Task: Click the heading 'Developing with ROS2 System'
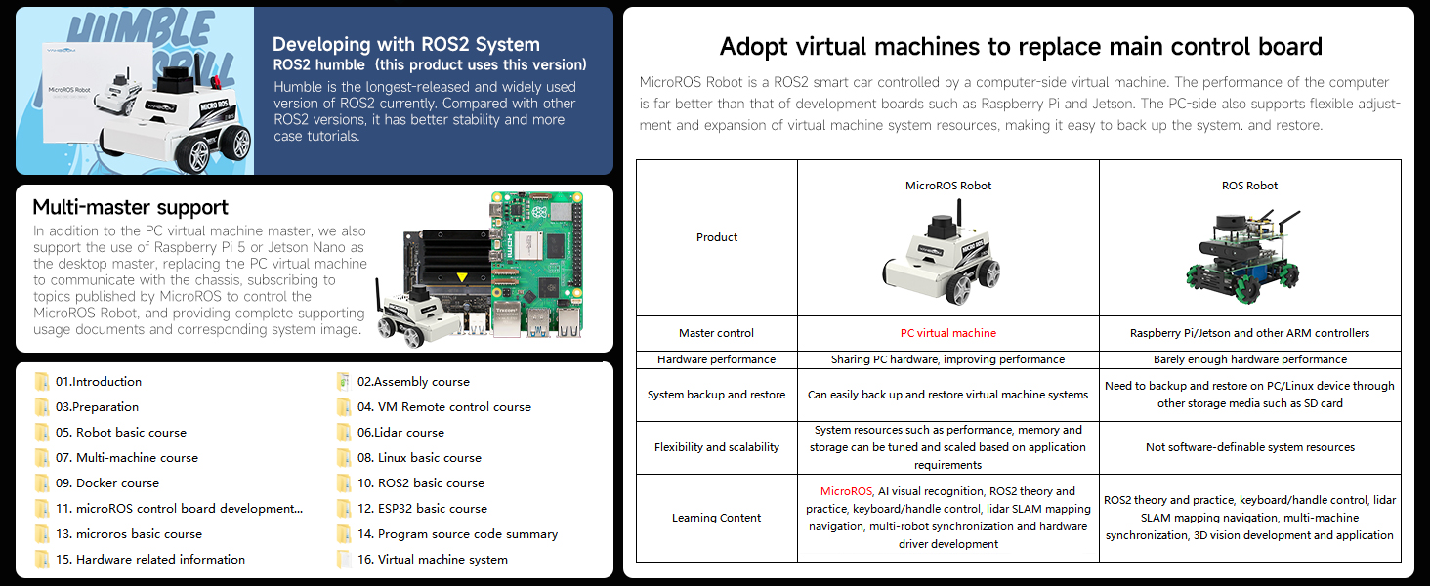(x=405, y=44)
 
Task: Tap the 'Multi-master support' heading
(x=130, y=207)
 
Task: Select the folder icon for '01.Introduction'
(x=41, y=382)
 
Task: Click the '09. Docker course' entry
(x=106, y=483)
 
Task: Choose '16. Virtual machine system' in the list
(x=432, y=560)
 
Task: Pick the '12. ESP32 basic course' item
(x=422, y=509)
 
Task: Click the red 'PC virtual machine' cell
(x=947, y=333)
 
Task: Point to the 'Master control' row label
(x=716, y=333)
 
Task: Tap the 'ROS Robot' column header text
(x=1249, y=186)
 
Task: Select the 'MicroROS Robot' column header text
(x=947, y=186)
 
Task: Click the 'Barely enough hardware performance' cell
(x=1249, y=359)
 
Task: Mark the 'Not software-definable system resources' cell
(x=1249, y=447)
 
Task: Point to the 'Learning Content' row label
(x=716, y=518)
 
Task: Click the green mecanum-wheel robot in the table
(x=1249, y=254)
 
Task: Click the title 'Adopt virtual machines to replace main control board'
(x=1020, y=46)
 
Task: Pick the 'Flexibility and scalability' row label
(x=716, y=447)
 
